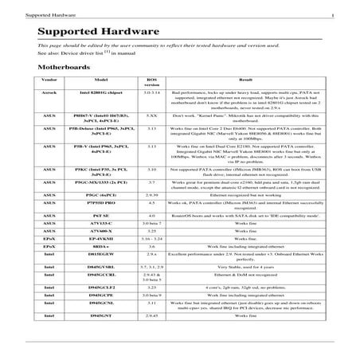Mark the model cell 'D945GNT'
(x=101, y=338)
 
